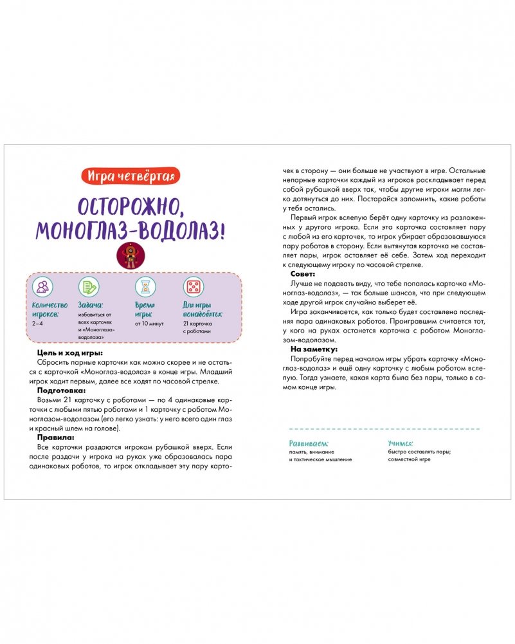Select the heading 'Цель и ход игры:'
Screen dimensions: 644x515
pyautogui.click(x=70, y=353)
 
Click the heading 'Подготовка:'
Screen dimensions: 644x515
pyautogui.click(x=59, y=390)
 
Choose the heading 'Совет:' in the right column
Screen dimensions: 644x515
pyautogui.click(x=303, y=273)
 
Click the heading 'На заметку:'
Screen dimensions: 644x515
pyautogui.click(x=311, y=349)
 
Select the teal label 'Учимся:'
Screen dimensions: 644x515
pyautogui.click(x=401, y=443)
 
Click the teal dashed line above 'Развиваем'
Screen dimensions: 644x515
pyautogui.click(x=384, y=428)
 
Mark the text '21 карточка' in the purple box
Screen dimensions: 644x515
pyautogui.click(x=197, y=324)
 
